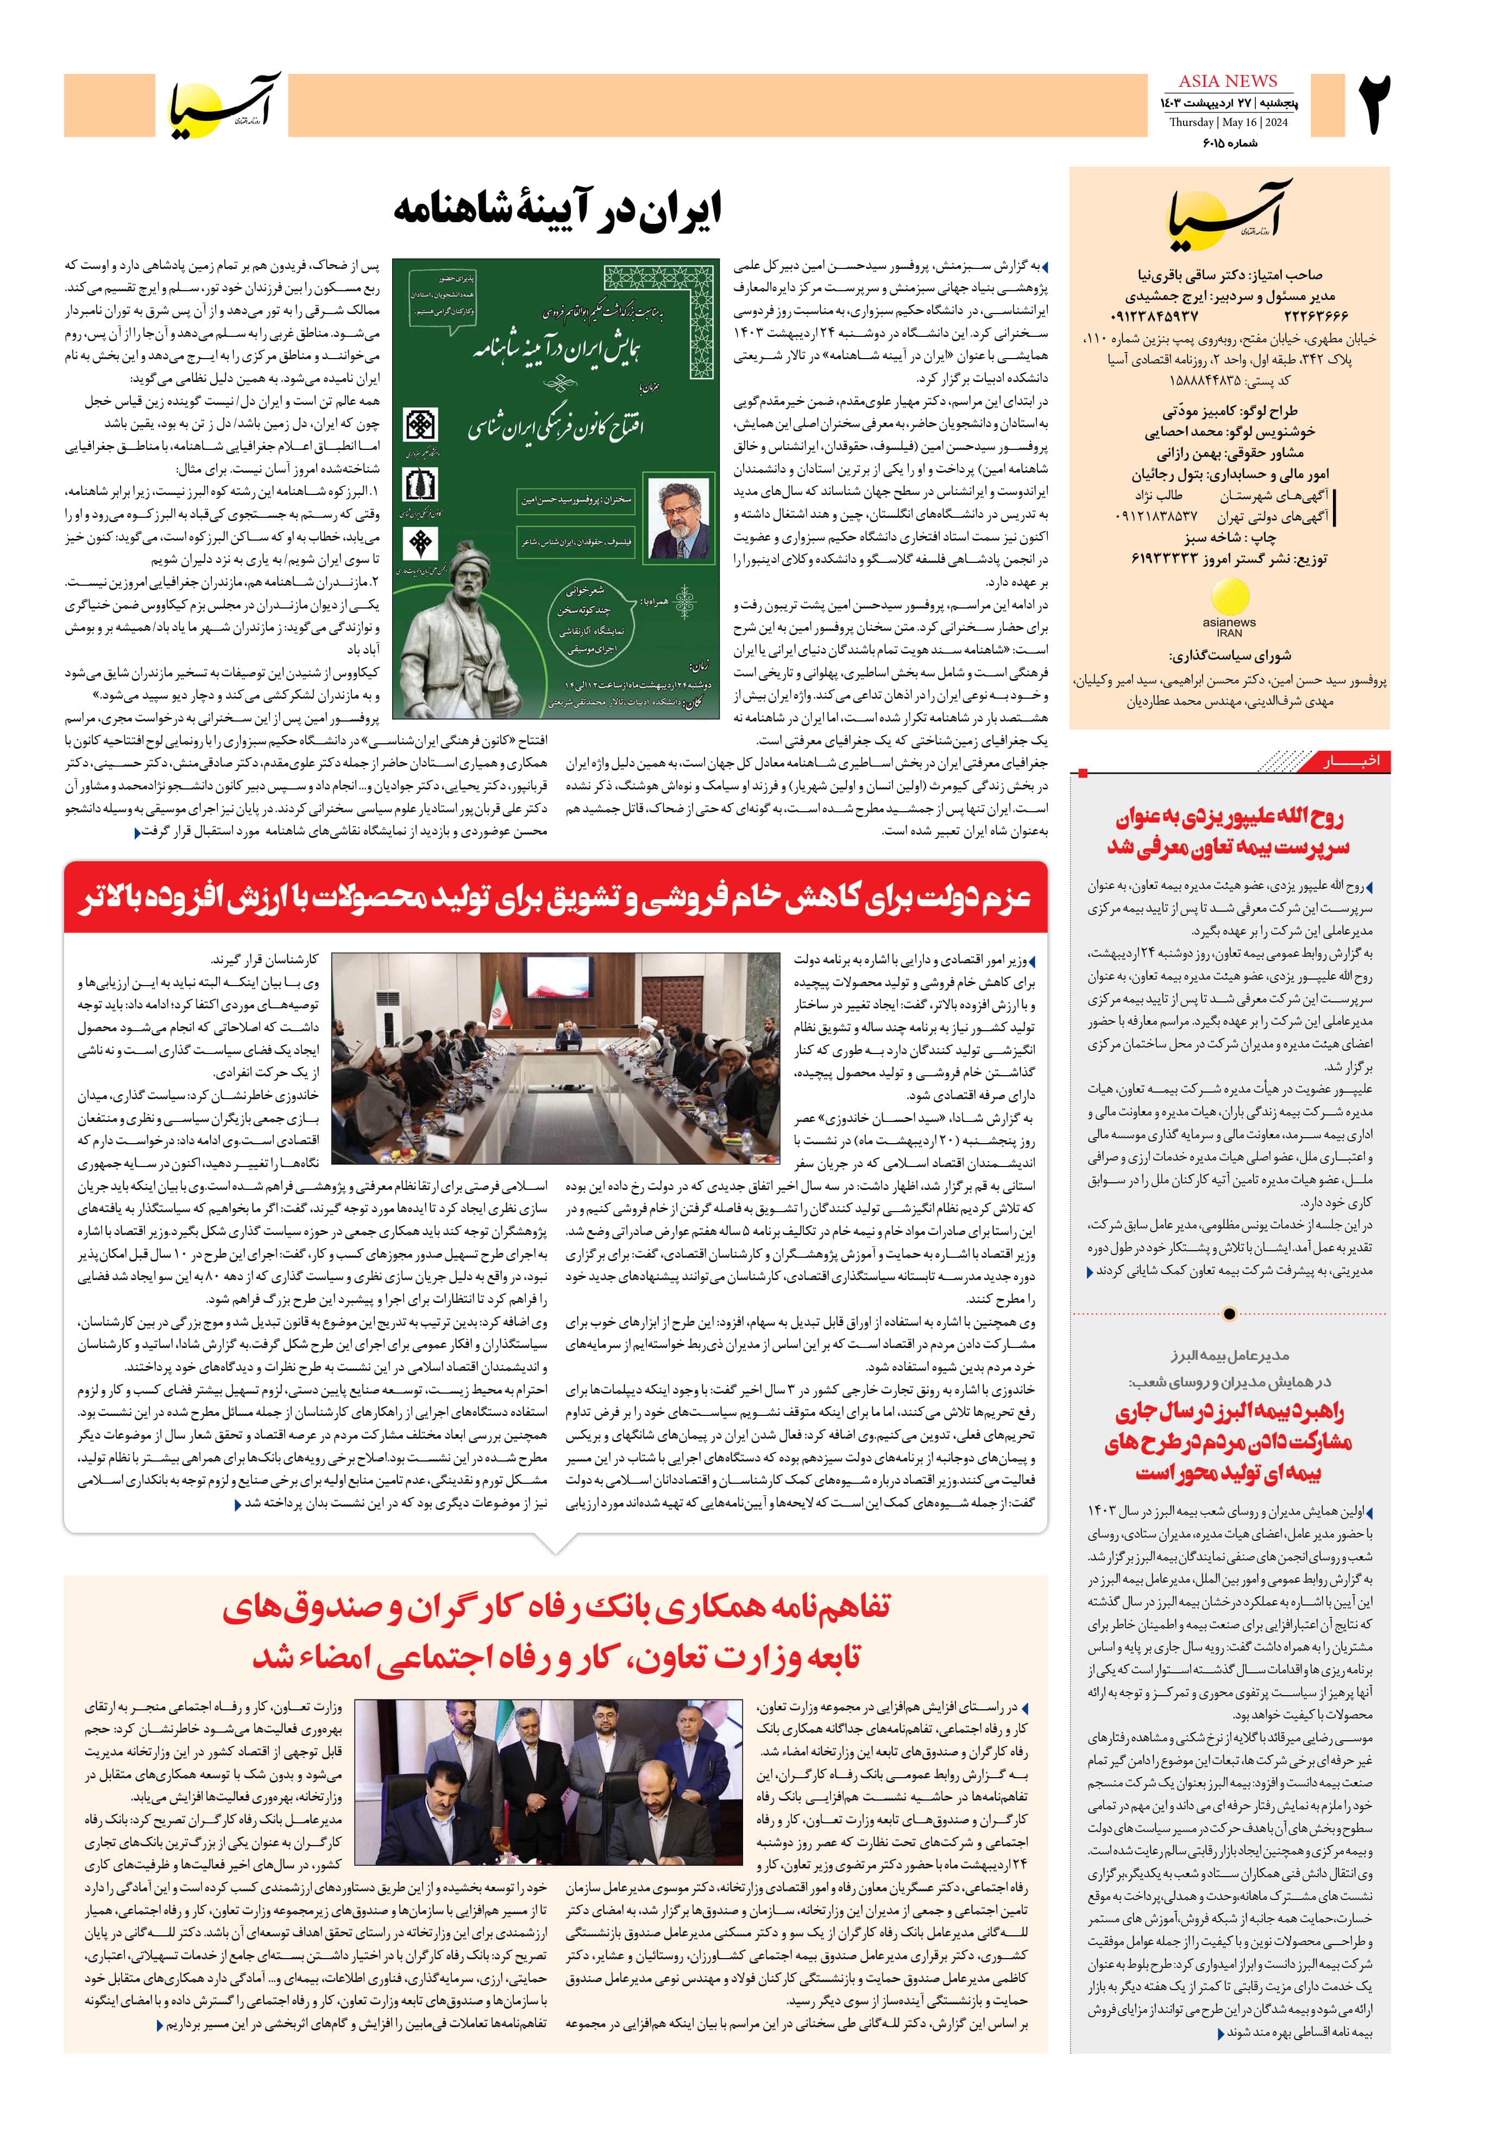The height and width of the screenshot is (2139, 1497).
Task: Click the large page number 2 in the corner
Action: click(x=1374, y=105)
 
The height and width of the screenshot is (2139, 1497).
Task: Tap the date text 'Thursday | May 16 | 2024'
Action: click(x=1228, y=123)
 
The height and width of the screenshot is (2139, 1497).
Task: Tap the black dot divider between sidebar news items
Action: click(x=1229, y=1314)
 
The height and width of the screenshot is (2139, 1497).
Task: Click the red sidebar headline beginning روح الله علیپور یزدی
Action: click(x=1229, y=832)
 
